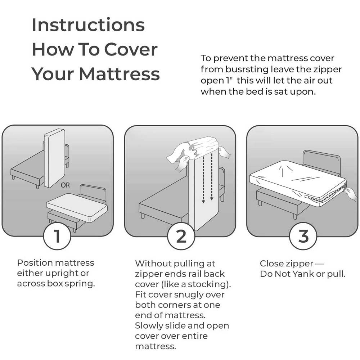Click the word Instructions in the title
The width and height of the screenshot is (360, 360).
point(88,25)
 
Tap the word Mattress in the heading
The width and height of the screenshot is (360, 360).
point(119,74)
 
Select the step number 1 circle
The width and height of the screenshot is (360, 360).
point(57,237)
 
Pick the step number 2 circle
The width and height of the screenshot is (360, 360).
point(181,237)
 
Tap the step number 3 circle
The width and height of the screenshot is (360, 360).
point(303,237)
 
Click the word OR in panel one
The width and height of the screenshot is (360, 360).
point(65,185)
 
